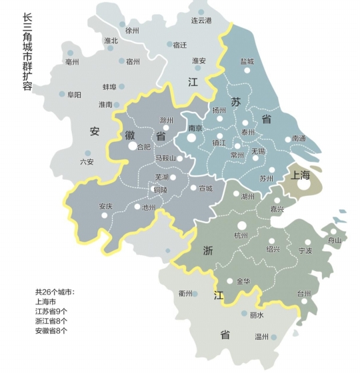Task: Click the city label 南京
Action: tap(195, 128)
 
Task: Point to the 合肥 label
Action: tap(143, 147)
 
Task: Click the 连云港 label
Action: tap(201, 21)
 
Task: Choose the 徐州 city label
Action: tap(132, 31)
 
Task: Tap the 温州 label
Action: tap(261, 337)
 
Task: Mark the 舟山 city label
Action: tap(334, 240)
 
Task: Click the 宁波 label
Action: tap(305, 251)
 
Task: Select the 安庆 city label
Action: tap(105, 206)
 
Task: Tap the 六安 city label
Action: tap(87, 162)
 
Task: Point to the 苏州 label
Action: tap(267, 179)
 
